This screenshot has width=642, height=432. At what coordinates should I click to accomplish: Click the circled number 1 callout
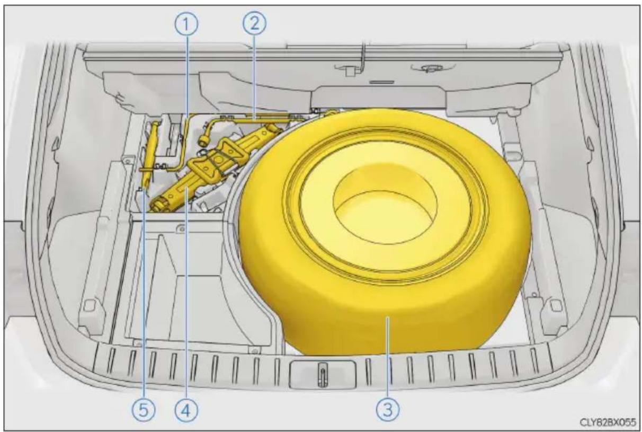[186, 24]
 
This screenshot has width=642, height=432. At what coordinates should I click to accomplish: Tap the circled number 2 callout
[255, 23]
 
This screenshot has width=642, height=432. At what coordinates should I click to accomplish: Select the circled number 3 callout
[388, 410]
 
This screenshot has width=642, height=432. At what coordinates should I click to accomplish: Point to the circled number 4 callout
[186, 411]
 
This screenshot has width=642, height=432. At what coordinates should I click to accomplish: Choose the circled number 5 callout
[144, 411]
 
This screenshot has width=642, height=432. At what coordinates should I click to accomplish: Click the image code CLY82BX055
[608, 423]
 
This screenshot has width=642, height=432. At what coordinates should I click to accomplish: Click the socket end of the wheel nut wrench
[204, 140]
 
